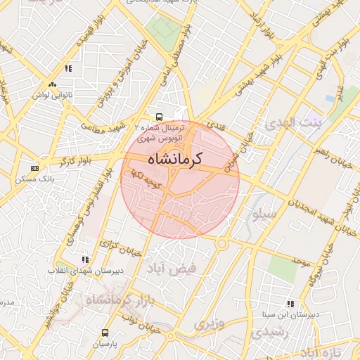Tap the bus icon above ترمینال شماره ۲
pyautogui.click(x=160, y=117)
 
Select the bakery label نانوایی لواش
pyautogui.click(x=53, y=94)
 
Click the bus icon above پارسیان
pyautogui.click(x=105, y=333)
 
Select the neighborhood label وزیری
pyautogui.click(x=209, y=325)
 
